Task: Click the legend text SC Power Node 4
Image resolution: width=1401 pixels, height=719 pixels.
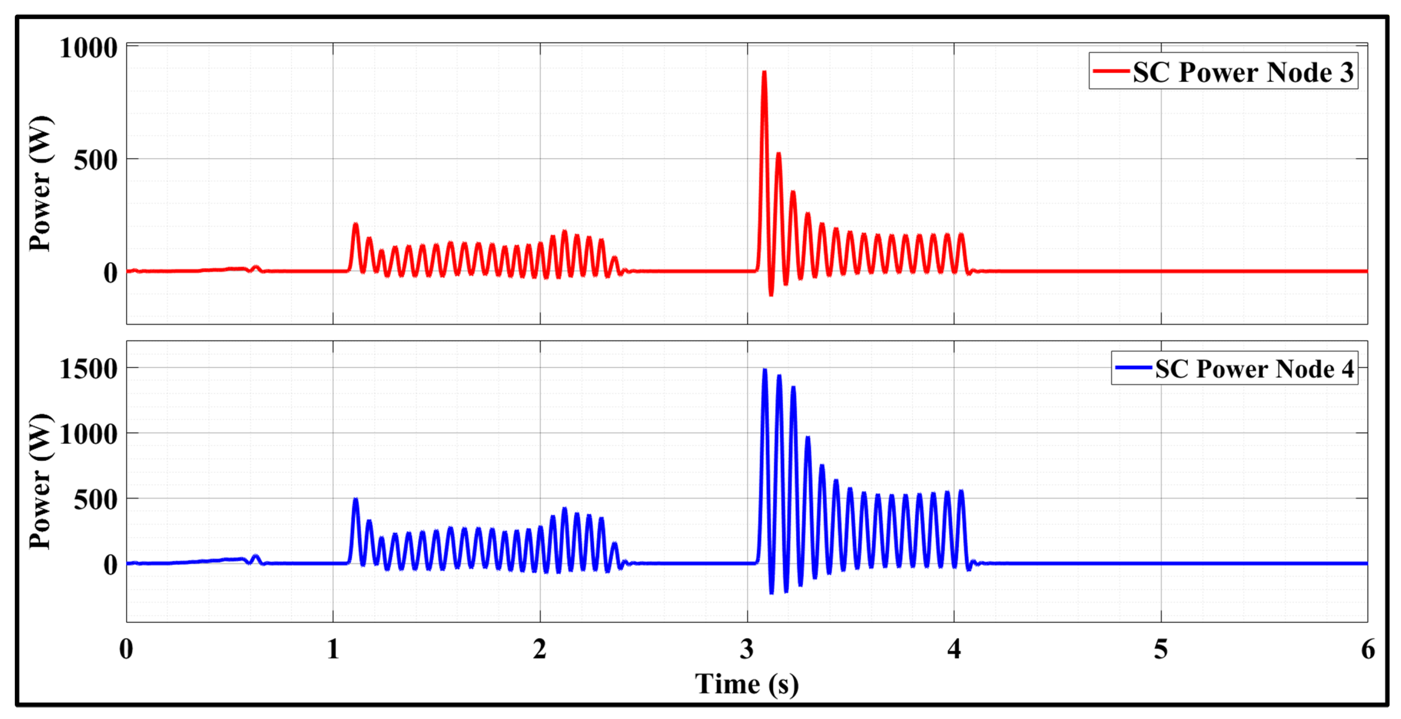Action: [1254, 369]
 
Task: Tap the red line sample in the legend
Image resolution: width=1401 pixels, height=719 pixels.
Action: [1111, 71]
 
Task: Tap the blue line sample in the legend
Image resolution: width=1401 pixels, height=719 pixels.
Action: [1133, 368]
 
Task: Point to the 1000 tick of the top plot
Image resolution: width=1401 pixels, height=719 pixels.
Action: [88, 48]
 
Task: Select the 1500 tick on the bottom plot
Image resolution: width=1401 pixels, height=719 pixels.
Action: [88, 369]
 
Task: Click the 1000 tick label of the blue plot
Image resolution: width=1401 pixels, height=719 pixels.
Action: [88, 435]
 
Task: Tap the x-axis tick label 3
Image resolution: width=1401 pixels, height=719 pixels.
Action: [747, 649]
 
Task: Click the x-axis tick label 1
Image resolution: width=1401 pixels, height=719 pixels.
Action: [333, 649]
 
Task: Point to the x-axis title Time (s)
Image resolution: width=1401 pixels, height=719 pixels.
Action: [747, 684]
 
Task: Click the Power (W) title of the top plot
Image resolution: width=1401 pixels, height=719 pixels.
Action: [41, 183]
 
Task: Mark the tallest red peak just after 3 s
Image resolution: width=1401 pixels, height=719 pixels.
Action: [764, 72]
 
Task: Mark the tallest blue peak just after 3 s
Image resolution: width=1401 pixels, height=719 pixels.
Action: [765, 370]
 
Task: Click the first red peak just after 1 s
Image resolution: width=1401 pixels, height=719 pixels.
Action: [356, 224]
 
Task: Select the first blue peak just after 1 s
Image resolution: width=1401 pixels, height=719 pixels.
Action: [356, 499]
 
